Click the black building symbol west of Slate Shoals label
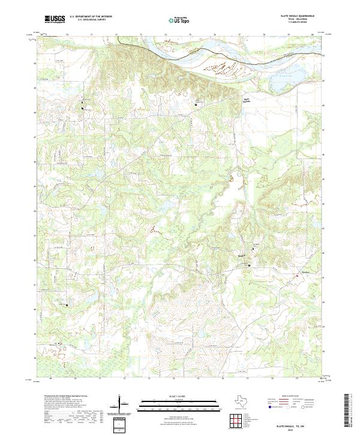point(197,104)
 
